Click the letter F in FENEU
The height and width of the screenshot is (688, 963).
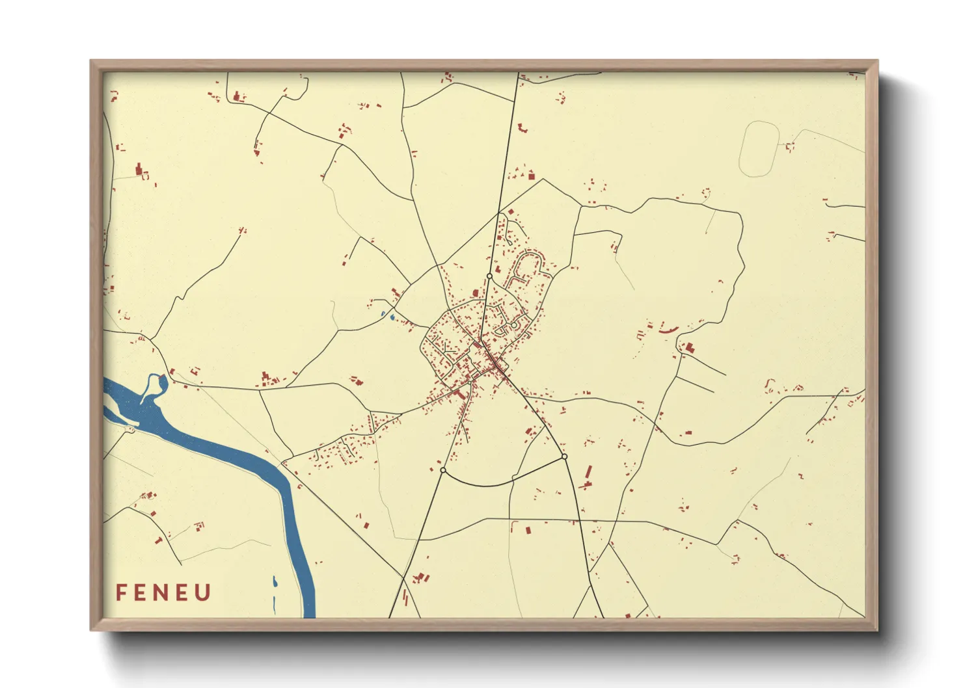pyautogui.click(x=121, y=592)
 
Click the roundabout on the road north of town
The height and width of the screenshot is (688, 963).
pyautogui.click(x=489, y=276)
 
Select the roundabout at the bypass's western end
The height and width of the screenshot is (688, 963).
pyautogui.click(x=442, y=470)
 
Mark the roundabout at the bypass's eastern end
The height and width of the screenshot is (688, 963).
pyautogui.click(x=564, y=456)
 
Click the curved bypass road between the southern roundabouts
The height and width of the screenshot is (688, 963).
pyautogui.click(x=495, y=484)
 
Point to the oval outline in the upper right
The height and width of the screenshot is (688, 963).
pyautogui.click(x=759, y=149)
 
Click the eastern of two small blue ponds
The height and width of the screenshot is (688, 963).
pyautogui.click(x=392, y=317)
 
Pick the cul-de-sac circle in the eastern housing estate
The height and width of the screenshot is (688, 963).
pyautogui.click(x=513, y=324)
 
